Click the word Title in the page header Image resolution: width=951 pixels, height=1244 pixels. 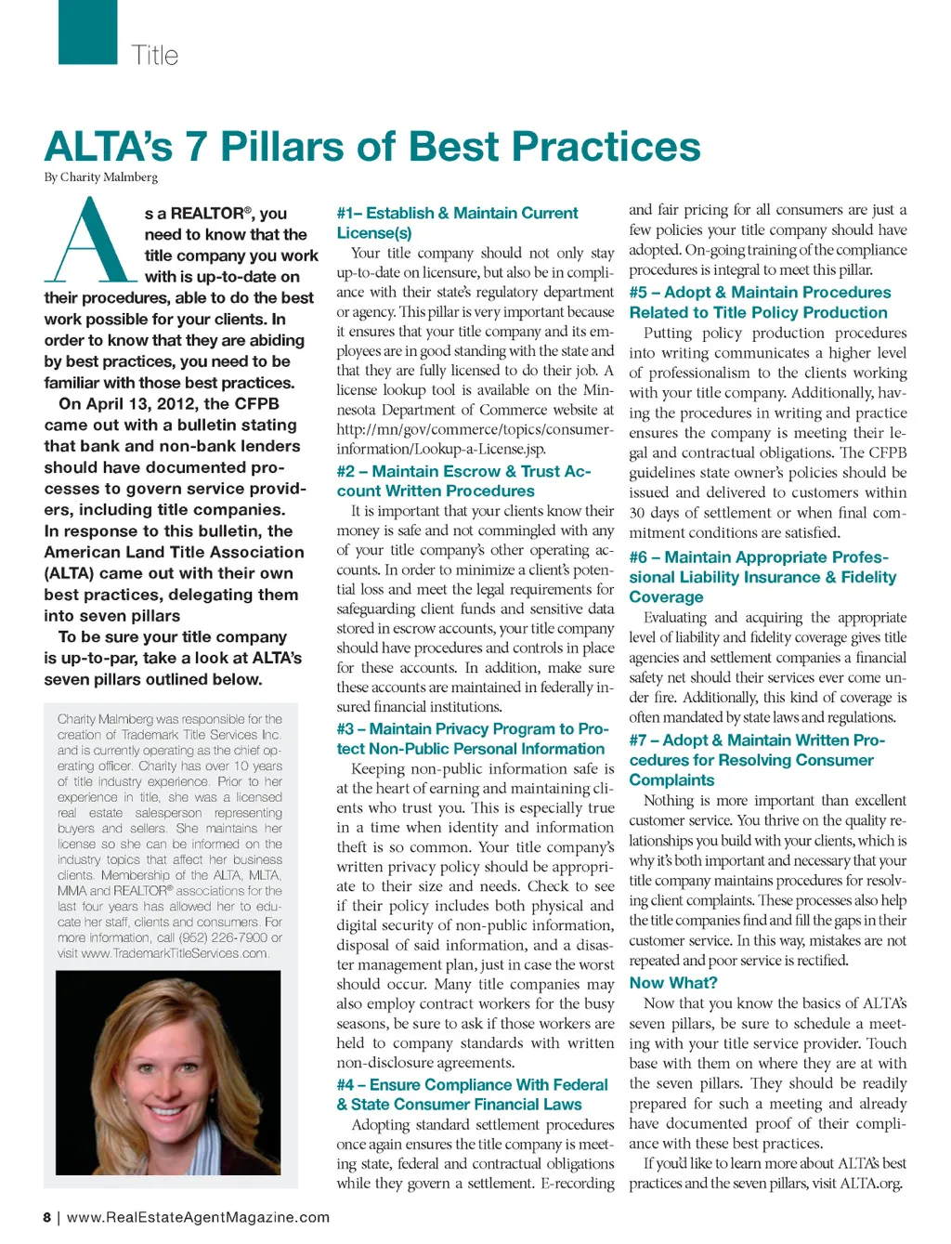click(x=154, y=56)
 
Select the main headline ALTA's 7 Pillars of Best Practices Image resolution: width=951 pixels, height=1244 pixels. click(x=372, y=147)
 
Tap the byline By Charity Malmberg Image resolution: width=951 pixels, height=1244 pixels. click(x=101, y=177)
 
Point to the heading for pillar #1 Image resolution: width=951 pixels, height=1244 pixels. click(x=457, y=223)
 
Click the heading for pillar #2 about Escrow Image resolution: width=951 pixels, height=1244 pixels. click(x=462, y=481)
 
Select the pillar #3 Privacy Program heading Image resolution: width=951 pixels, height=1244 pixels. click(x=472, y=739)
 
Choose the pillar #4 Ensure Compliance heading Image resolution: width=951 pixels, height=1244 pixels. click(x=472, y=1094)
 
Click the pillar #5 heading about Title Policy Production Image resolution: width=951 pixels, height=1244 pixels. click(x=759, y=303)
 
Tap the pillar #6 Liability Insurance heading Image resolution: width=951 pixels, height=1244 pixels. click(x=762, y=577)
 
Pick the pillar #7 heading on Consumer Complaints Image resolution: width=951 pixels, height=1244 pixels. click(x=756, y=760)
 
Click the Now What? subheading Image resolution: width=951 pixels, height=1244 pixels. click(x=672, y=983)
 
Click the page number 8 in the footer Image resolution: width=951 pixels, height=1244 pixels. click(x=46, y=1217)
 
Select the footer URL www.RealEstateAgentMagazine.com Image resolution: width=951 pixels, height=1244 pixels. click(x=198, y=1217)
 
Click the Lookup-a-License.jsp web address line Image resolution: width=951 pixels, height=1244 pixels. click(x=440, y=449)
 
